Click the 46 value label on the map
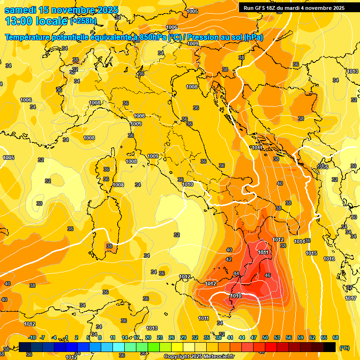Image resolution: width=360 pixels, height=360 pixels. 268,275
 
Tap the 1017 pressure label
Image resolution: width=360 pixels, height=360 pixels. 351,298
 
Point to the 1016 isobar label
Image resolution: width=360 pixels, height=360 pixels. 329,259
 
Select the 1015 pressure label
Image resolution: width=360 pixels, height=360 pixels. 311,253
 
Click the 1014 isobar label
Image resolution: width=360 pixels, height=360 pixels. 300,241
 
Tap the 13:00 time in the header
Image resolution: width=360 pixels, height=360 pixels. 19,21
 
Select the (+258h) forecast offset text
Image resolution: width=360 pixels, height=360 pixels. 83,21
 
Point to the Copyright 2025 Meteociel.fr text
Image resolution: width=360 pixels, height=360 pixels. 199,356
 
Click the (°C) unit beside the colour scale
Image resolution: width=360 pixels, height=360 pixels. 344,348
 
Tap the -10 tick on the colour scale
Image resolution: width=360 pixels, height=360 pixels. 32,337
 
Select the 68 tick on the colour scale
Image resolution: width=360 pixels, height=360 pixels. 336,337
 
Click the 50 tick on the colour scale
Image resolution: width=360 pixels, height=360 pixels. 265,337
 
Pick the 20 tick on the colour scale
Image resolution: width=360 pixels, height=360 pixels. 148,337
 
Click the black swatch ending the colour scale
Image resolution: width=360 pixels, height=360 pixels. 330,347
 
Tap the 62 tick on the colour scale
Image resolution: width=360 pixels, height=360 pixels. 312,337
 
